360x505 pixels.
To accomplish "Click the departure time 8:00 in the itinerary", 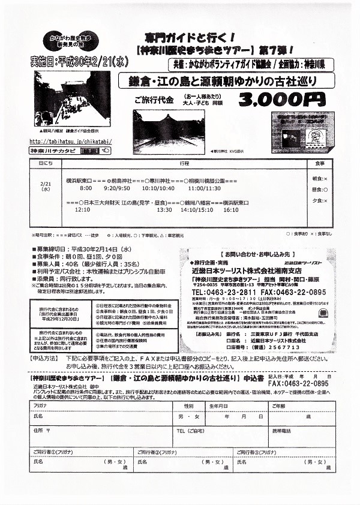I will (x=86, y=188).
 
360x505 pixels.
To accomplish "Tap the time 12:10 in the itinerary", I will (x=82, y=211).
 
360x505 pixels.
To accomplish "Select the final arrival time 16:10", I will (x=231, y=211).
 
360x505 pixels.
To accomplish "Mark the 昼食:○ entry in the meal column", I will (x=319, y=190).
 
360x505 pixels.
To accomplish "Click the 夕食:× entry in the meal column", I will (x=319, y=200).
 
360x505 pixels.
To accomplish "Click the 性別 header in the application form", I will (x=189, y=405).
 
